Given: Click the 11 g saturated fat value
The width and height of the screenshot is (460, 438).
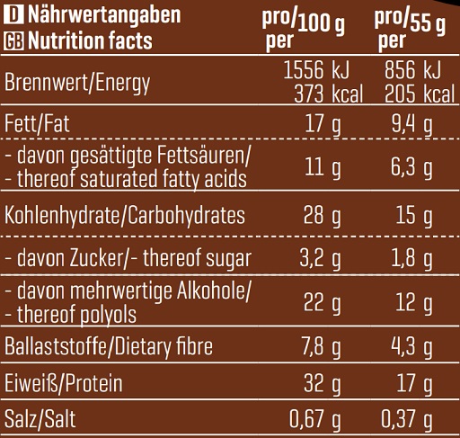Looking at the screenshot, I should coord(323,167).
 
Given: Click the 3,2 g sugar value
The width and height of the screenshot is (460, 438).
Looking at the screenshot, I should coord(319,260).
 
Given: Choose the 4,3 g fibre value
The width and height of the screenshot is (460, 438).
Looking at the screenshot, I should coord(413,346).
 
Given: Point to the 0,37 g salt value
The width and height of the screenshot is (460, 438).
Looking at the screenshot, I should coord(409,420).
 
